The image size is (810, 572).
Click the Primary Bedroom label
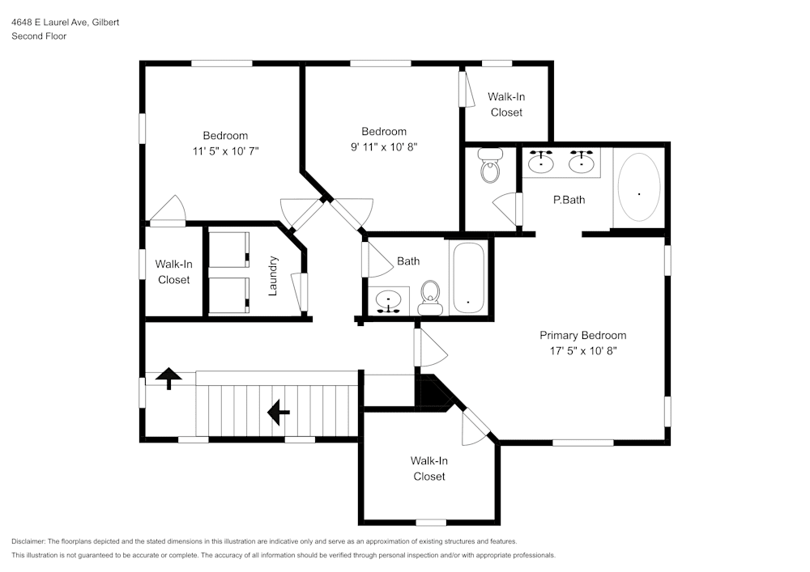[582, 335]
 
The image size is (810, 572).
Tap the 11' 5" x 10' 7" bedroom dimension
[225, 150]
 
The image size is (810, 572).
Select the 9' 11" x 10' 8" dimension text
[384, 146]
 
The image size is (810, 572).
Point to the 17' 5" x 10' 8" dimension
[582, 350]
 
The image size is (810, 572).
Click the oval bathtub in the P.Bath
[638, 187]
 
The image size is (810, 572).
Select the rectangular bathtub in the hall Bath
[468, 278]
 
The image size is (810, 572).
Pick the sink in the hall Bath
[390, 301]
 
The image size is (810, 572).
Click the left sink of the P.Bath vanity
[540, 163]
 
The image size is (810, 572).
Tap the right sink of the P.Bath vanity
[581, 163]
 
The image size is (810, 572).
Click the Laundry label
[273, 275]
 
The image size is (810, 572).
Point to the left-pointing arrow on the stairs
[279, 413]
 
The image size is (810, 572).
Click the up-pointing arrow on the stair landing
[168, 378]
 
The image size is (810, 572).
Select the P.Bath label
[569, 200]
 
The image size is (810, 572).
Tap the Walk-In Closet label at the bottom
[428, 468]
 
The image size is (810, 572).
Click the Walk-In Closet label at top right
[506, 104]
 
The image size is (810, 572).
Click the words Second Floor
[39, 36]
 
